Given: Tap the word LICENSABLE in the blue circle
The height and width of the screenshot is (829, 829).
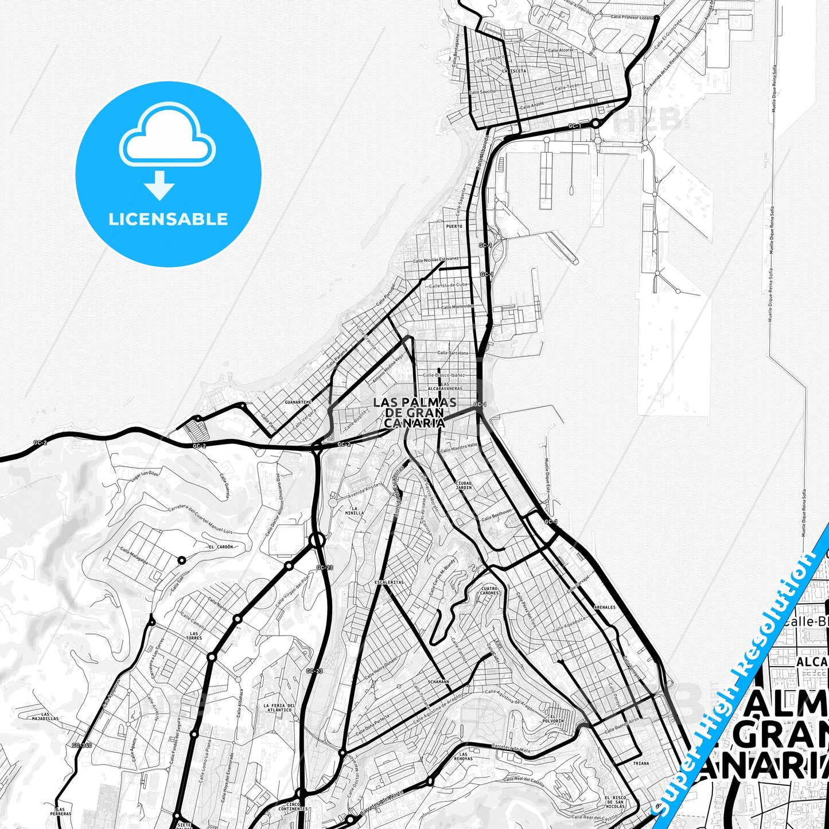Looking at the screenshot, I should point(168,219).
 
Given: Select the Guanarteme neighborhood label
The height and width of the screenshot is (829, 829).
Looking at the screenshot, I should point(298,402).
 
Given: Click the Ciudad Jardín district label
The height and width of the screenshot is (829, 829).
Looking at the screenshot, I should point(464,485).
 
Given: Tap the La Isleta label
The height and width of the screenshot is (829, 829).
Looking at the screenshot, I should point(513,71).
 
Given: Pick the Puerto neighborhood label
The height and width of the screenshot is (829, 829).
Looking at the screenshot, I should point(454,226).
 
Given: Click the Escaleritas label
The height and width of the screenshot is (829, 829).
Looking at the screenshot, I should point(389,582).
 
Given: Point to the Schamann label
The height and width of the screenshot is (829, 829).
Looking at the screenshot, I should point(438,682).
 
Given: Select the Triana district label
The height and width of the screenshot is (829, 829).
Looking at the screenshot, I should point(641,763).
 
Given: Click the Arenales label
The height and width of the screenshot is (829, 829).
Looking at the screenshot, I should point(605,607).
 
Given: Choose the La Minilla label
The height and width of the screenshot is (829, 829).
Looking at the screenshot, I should point(354,511).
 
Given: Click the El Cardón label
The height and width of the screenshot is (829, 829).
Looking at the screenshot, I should point(221,547).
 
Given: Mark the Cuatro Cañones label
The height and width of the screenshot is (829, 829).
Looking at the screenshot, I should point(489,590).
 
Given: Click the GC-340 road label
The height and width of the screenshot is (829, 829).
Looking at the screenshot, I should point(82,745).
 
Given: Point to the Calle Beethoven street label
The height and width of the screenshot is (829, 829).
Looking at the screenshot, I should point(497,515).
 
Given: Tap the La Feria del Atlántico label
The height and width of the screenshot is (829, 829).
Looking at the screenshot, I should point(279,707).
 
